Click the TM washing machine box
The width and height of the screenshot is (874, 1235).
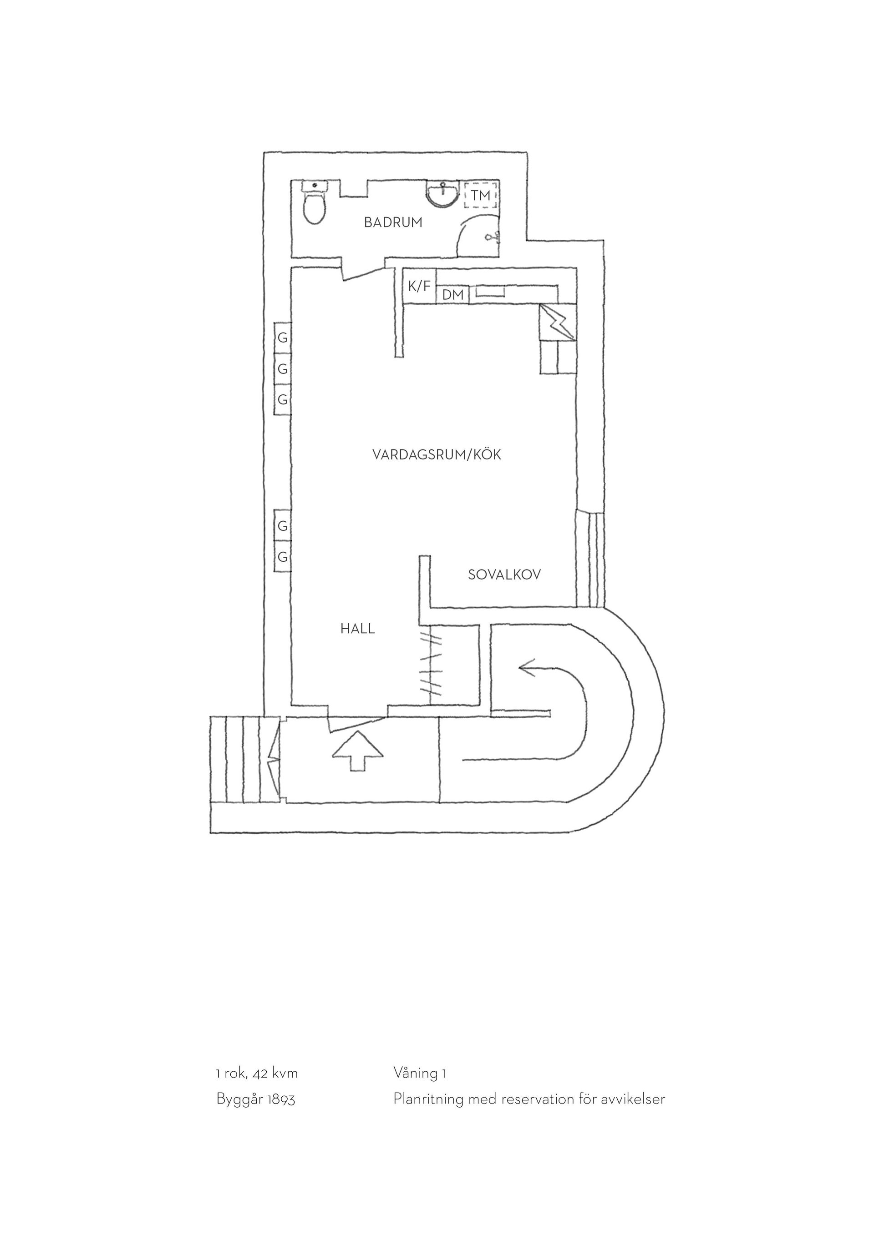coord(481,195)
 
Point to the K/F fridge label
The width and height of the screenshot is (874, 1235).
coord(419,286)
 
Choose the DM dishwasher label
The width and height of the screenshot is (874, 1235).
coord(452,295)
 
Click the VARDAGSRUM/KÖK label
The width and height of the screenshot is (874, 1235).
coord(437,455)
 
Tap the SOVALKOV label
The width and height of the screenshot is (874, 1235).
coord(504,575)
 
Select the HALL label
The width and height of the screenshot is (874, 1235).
coord(357,629)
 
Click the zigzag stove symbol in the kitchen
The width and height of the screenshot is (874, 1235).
coord(558,322)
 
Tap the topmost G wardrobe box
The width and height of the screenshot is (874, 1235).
coord(283,338)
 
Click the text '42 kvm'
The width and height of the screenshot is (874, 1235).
coord(274,1074)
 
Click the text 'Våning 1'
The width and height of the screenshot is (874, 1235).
coord(420,1074)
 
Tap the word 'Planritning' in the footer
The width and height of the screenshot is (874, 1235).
coord(428,1099)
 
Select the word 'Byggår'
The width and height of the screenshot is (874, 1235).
coord(240,1100)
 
